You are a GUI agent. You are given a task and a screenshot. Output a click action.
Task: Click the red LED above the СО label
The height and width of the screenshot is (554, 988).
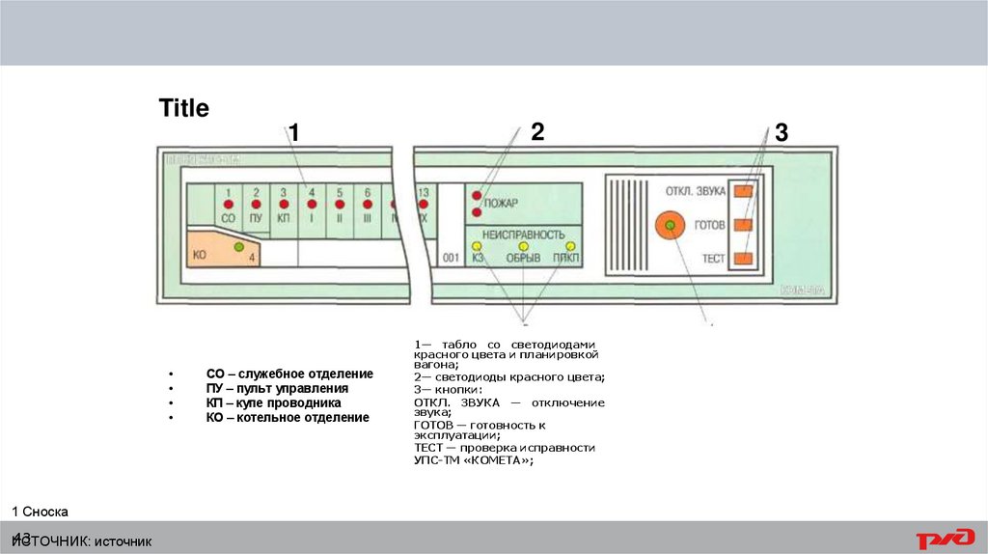pyautogui.click(x=228, y=205)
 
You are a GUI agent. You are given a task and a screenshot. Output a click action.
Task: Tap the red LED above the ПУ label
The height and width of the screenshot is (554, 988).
pyautogui.click(x=256, y=205)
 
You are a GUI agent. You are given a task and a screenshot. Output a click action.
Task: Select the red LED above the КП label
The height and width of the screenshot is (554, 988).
pyautogui.click(x=284, y=205)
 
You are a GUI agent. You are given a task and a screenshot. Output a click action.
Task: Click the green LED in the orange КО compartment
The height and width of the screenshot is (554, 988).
pyautogui.click(x=238, y=248)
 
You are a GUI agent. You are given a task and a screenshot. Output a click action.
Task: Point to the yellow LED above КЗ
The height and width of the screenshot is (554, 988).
pyautogui.click(x=477, y=247)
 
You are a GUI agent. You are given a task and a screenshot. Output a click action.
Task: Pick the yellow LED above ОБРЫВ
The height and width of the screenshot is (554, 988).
pyautogui.click(x=523, y=247)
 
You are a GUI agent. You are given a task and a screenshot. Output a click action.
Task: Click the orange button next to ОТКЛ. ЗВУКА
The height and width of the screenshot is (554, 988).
pyautogui.click(x=743, y=191)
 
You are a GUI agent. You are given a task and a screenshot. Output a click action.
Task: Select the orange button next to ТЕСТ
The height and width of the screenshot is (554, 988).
pyautogui.click(x=743, y=258)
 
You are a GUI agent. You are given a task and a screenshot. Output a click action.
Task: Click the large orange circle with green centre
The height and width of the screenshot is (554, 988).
pyautogui.click(x=669, y=225)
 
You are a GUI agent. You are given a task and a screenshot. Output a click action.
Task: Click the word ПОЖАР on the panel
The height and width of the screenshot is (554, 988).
pyautogui.click(x=501, y=203)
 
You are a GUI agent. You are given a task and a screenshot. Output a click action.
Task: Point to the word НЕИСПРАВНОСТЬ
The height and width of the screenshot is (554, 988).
pyautogui.click(x=523, y=234)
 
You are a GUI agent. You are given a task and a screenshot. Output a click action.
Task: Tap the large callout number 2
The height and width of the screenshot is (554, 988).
pyautogui.click(x=537, y=132)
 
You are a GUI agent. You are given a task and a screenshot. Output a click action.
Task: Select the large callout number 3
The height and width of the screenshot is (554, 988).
pyautogui.click(x=782, y=134)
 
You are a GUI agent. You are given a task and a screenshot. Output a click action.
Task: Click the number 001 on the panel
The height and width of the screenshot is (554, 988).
pyautogui.click(x=451, y=259)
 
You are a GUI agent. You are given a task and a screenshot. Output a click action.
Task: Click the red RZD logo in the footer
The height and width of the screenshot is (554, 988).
pyautogui.click(x=945, y=539)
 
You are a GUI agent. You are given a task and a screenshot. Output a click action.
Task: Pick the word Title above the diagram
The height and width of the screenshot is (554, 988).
pyautogui.click(x=184, y=109)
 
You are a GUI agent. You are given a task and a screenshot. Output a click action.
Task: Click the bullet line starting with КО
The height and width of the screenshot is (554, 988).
pyautogui.click(x=288, y=418)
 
